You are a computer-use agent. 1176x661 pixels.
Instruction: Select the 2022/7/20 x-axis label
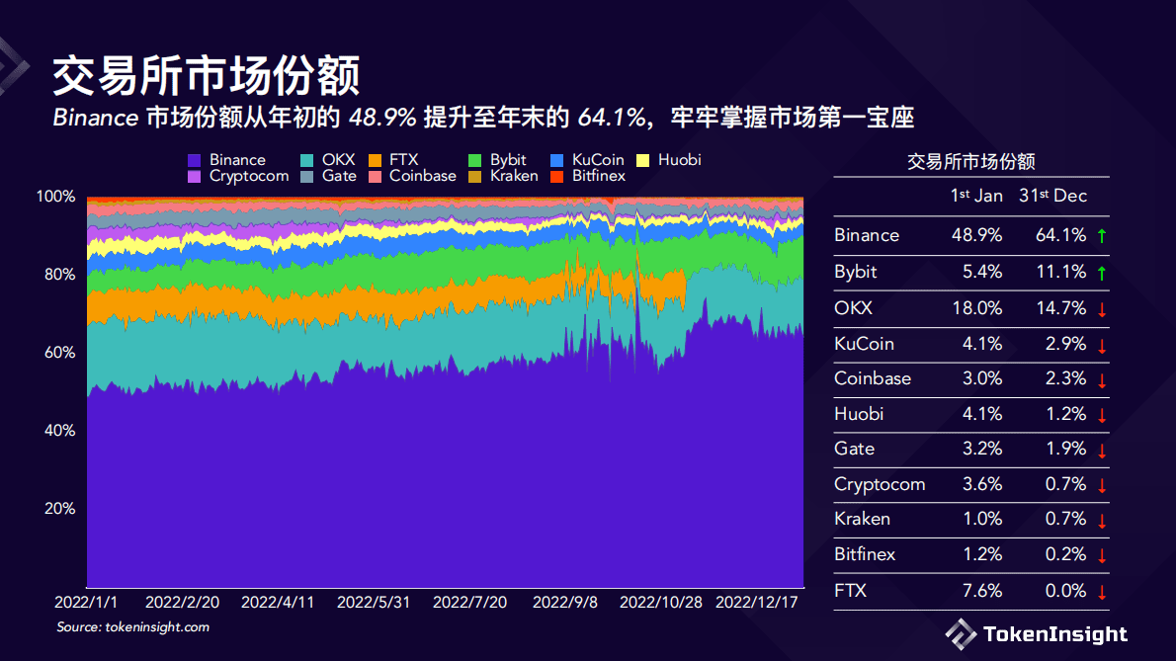coord(469,602)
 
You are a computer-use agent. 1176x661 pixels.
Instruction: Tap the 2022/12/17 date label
coord(757,602)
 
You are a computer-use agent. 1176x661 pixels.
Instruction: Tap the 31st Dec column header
coord(1052,196)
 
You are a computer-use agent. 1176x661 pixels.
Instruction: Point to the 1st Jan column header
coord(976,196)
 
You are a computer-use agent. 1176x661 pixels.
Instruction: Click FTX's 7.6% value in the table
coord(982,591)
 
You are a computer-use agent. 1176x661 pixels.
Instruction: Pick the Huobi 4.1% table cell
coord(982,414)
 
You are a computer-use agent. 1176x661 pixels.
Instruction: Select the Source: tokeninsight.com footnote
coord(132,627)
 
